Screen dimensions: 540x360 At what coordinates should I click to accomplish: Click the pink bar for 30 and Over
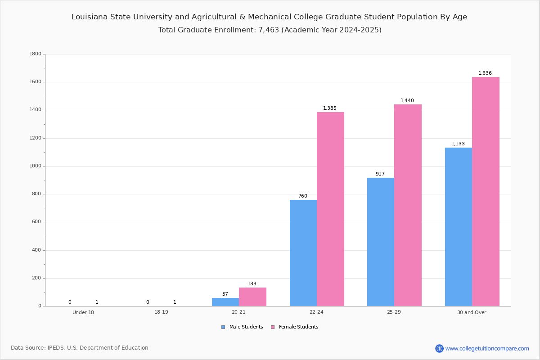pos(486,191)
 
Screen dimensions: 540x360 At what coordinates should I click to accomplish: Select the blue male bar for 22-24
pos(303,253)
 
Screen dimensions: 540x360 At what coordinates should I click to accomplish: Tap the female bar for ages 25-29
pos(408,205)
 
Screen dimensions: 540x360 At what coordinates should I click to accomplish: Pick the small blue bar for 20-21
pos(225,302)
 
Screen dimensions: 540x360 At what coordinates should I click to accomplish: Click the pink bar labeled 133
pos(252,297)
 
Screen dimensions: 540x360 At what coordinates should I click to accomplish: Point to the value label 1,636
pos(485,73)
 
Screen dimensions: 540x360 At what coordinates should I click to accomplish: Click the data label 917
pos(380,174)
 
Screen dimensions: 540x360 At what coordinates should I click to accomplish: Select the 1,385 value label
pos(329,108)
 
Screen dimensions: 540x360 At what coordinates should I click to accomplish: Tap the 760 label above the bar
pos(303,196)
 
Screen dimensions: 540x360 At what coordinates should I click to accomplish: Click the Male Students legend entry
pos(242,327)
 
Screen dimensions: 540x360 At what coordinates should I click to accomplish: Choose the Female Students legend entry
pos(295,327)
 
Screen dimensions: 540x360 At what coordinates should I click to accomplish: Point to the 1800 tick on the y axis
pos(36,54)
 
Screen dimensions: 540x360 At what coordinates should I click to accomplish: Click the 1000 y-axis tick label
pos(36,166)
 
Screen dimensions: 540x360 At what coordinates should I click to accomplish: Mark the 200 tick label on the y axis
pos(36,278)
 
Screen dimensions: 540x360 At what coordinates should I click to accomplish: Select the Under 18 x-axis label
pos(83,312)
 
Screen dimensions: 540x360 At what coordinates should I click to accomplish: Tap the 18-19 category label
pos(161,312)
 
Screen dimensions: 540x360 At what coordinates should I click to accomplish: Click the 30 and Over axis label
pos(472,312)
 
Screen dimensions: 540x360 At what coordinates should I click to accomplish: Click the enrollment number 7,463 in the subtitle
pos(269,30)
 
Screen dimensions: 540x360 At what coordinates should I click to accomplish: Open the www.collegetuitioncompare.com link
pos(487,348)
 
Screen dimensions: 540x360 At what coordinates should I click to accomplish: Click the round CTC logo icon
pos(439,348)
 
